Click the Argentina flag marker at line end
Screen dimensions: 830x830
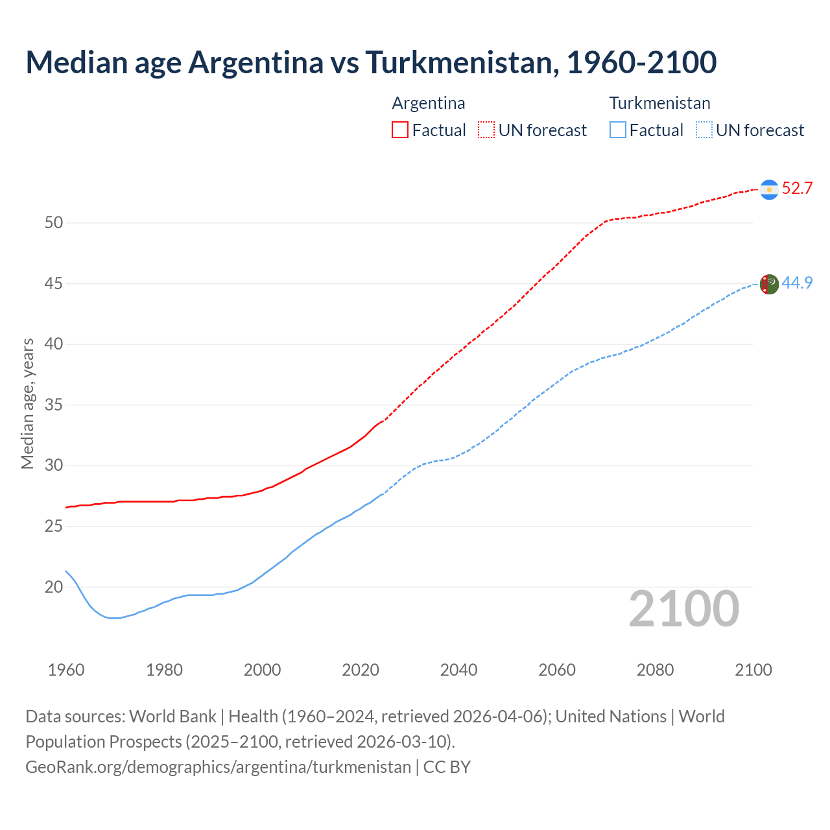coord(769,189)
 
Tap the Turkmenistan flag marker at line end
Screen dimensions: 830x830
coord(769,284)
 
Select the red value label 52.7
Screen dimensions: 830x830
coord(797,189)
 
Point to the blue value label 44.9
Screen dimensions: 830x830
coord(797,283)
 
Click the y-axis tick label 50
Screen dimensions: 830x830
coord(54,223)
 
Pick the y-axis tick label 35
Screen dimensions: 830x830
coord(54,405)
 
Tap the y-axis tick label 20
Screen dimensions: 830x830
coord(54,587)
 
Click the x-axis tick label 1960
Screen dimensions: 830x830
coord(66,670)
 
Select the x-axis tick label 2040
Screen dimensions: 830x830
coord(458,670)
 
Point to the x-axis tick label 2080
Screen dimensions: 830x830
coord(655,670)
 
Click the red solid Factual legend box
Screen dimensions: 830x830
coord(400,130)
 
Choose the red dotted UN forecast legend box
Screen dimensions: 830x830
coord(486,130)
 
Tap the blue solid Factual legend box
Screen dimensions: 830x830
coord(618,130)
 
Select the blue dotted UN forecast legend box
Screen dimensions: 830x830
coord(704,130)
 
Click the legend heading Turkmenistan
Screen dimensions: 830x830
coord(659,103)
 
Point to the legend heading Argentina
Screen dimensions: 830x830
coord(429,103)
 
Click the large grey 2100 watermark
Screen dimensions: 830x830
coord(683,609)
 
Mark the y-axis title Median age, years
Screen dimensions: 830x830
coord(27,403)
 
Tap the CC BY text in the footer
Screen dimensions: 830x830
coord(447,767)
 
